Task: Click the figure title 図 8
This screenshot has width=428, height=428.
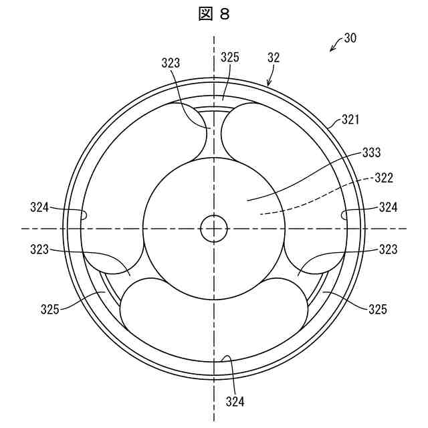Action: click(x=214, y=14)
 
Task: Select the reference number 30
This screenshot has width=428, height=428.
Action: click(x=350, y=38)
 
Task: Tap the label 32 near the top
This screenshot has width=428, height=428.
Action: click(x=274, y=58)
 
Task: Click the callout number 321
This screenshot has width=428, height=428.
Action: click(x=350, y=120)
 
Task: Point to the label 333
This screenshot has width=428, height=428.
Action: click(x=371, y=152)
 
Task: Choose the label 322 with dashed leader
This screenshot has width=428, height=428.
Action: click(x=384, y=178)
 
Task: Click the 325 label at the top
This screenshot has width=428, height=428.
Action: click(x=230, y=58)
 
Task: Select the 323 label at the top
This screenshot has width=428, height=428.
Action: click(x=171, y=63)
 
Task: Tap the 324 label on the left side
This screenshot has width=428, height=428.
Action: click(x=39, y=207)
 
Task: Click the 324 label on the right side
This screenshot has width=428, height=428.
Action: click(x=388, y=207)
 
